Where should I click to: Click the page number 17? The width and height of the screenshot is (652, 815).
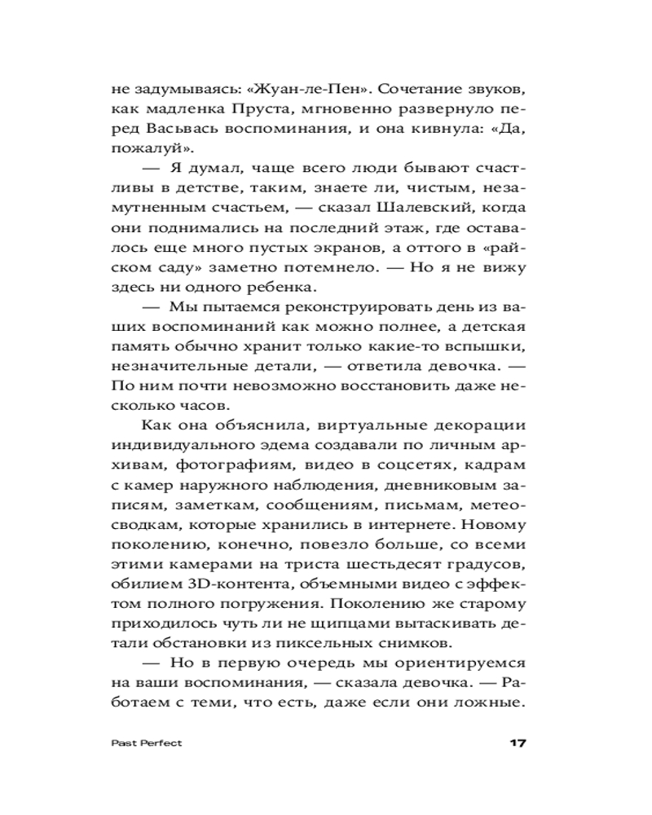point(519,743)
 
